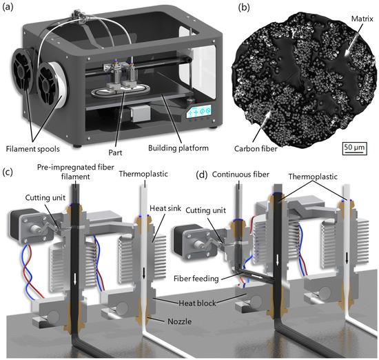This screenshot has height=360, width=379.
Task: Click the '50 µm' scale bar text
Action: coord(356,148)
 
